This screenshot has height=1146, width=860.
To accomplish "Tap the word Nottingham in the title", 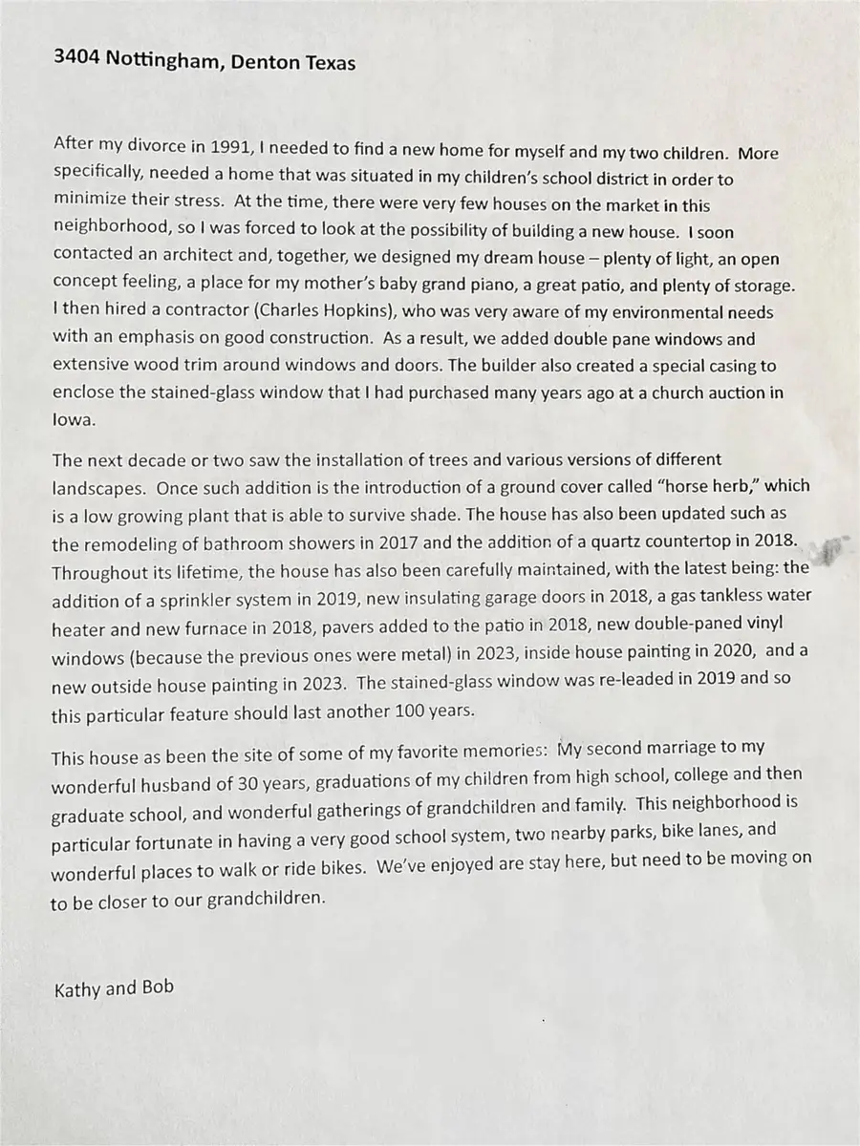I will pyautogui.click(x=161, y=61).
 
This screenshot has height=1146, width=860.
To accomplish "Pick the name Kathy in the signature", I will pyautogui.click(x=75, y=988).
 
